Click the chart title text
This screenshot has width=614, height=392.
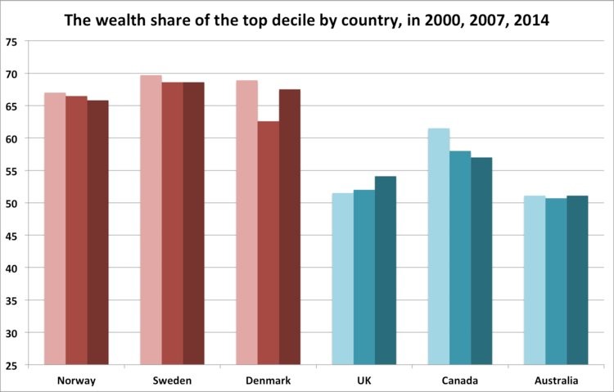[307, 18]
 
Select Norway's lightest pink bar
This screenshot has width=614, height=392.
[55, 229]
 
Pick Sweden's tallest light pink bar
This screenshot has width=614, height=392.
[151, 221]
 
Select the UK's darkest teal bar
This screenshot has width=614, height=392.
[386, 271]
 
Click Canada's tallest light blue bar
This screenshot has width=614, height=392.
[439, 246]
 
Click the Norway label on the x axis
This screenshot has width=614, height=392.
[76, 381]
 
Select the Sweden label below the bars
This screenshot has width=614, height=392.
[172, 381]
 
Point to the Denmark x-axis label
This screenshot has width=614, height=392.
[269, 381]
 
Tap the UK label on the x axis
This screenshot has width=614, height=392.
[364, 381]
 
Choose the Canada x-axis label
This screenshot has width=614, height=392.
[460, 381]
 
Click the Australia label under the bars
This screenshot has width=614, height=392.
[556, 381]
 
